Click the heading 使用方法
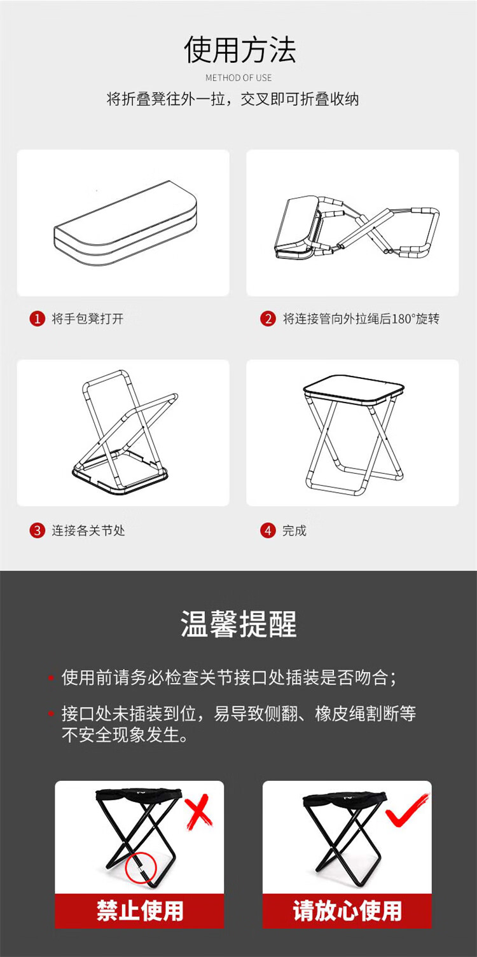pos(239,50)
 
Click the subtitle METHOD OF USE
pos(238,78)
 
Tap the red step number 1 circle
pos(37,319)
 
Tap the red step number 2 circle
pos(268,319)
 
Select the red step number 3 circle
pos(37,530)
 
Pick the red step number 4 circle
pos(268,530)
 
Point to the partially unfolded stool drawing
pos(356,228)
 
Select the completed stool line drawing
pos(354,435)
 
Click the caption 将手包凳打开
pos(88,319)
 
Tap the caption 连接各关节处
pos(88,530)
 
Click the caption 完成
pos(294,530)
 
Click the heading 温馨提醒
pos(238,624)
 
